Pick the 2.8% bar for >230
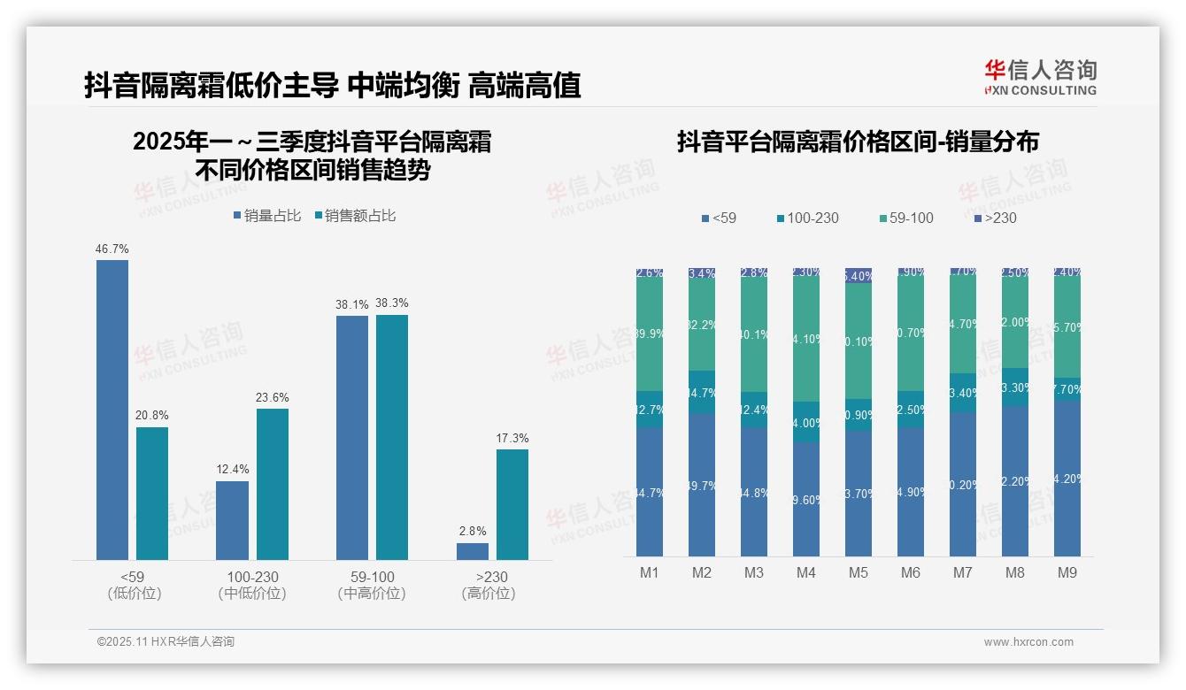[473, 550]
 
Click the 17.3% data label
[512, 438]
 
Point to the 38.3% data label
[391, 303]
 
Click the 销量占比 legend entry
[267, 216]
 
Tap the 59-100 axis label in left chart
[372, 577]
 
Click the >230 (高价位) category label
[489, 585]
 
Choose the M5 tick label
[859, 572]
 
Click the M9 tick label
[1067, 572]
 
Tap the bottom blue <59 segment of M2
[702, 484]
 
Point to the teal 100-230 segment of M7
[963, 393]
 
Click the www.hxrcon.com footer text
[1028, 642]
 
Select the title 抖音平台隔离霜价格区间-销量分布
[858, 142]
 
